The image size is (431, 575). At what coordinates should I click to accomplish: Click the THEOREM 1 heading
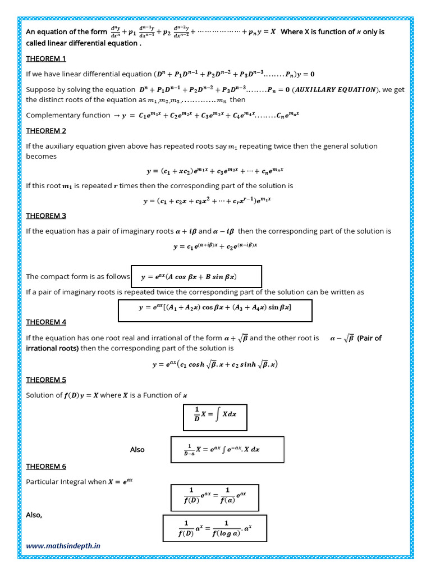pyautogui.click(x=46, y=58)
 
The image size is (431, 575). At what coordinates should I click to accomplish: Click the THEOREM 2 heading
pyautogui.click(x=46, y=131)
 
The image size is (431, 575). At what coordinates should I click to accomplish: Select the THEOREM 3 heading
pyautogui.click(x=46, y=216)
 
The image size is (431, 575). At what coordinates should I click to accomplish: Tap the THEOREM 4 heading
pyautogui.click(x=46, y=322)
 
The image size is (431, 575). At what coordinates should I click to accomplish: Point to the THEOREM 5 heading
pyautogui.click(x=46, y=380)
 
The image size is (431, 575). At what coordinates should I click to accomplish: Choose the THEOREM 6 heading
pyautogui.click(x=46, y=467)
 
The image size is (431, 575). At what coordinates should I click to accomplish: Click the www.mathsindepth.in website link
pyautogui.click(x=63, y=545)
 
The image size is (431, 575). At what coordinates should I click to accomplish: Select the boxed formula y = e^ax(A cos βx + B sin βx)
pyautogui.click(x=196, y=276)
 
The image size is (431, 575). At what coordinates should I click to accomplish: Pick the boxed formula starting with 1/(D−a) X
pyautogui.click(x=227, y=449)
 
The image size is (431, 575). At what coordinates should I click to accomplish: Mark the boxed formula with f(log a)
pyautogui.click(x=215, y=528)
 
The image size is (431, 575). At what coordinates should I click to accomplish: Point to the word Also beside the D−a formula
pyautogui.click(x=137, y=450)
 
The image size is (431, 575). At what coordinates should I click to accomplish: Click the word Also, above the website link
pyautogui.click(x=34, y=515)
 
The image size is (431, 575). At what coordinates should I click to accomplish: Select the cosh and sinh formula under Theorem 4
pyautogui.click(x=215, y=364)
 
